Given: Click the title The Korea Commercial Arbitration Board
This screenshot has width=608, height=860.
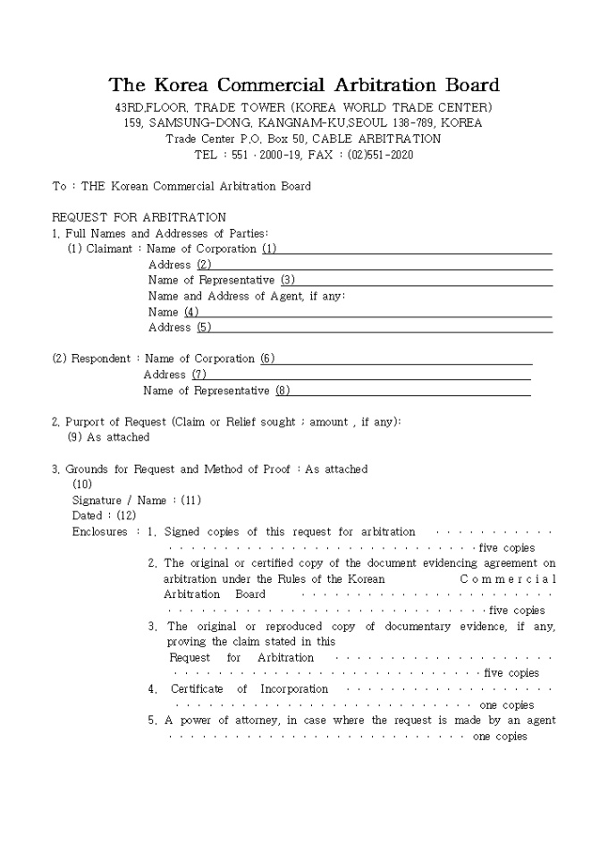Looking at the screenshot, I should coord(304,86).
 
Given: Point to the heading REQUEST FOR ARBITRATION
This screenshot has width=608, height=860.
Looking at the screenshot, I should coord(139,217).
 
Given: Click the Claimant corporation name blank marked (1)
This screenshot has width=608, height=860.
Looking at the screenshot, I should coord(407,249).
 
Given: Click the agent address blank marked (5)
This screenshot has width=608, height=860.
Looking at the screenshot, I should coord(376,328).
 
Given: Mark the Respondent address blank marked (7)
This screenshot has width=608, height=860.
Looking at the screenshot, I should coord(362,375).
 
